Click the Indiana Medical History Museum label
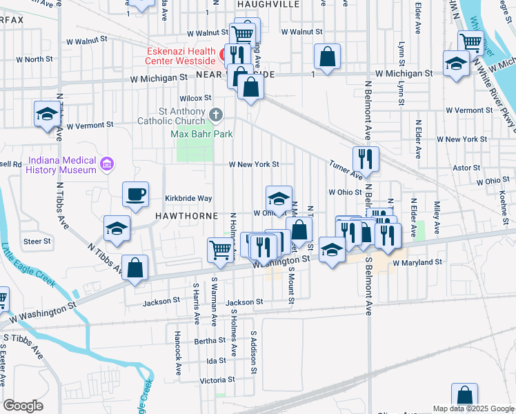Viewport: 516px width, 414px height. [x=61, y=164]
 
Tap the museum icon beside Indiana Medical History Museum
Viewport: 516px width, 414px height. [x=106, y=164]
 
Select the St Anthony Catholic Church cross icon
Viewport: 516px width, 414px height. [x=216, y=113]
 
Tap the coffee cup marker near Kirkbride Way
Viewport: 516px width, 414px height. [x=135, y=194]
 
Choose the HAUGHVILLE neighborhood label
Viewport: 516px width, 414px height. [x=268, y=4]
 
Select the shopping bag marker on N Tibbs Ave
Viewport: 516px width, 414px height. [x=135, y=268]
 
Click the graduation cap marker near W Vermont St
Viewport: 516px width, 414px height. [x=47, y=114]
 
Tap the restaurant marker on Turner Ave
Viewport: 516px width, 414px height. [x=366, y=159]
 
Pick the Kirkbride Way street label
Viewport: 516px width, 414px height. [x=188, y=198]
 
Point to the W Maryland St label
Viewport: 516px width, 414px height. [x=417, y=262]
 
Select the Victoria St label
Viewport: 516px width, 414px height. [x=212, y=380]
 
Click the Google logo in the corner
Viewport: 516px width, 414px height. [x=22, y=406]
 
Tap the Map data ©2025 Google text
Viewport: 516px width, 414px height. [x=473, y=408]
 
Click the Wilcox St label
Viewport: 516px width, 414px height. [x=195, y=98]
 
